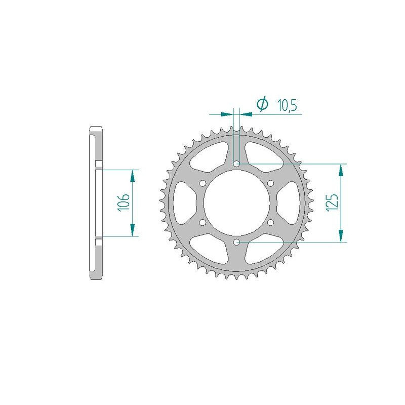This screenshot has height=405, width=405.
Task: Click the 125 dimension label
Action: click(332, 203)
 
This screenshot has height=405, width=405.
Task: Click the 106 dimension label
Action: click(124, 203)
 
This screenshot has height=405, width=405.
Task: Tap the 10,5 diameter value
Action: click(287, 105)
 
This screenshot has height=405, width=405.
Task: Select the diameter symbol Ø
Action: click(262, 104)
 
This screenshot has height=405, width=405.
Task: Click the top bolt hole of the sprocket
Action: click(236, 164)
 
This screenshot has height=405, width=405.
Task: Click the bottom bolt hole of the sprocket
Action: click(236, 242)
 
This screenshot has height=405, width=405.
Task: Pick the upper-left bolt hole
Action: click(202, 183)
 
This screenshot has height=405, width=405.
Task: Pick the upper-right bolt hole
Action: click(270, 183)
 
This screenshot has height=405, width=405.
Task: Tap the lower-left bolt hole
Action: click(202, 222)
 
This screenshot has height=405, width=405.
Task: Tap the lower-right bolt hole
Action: click(270, 222)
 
